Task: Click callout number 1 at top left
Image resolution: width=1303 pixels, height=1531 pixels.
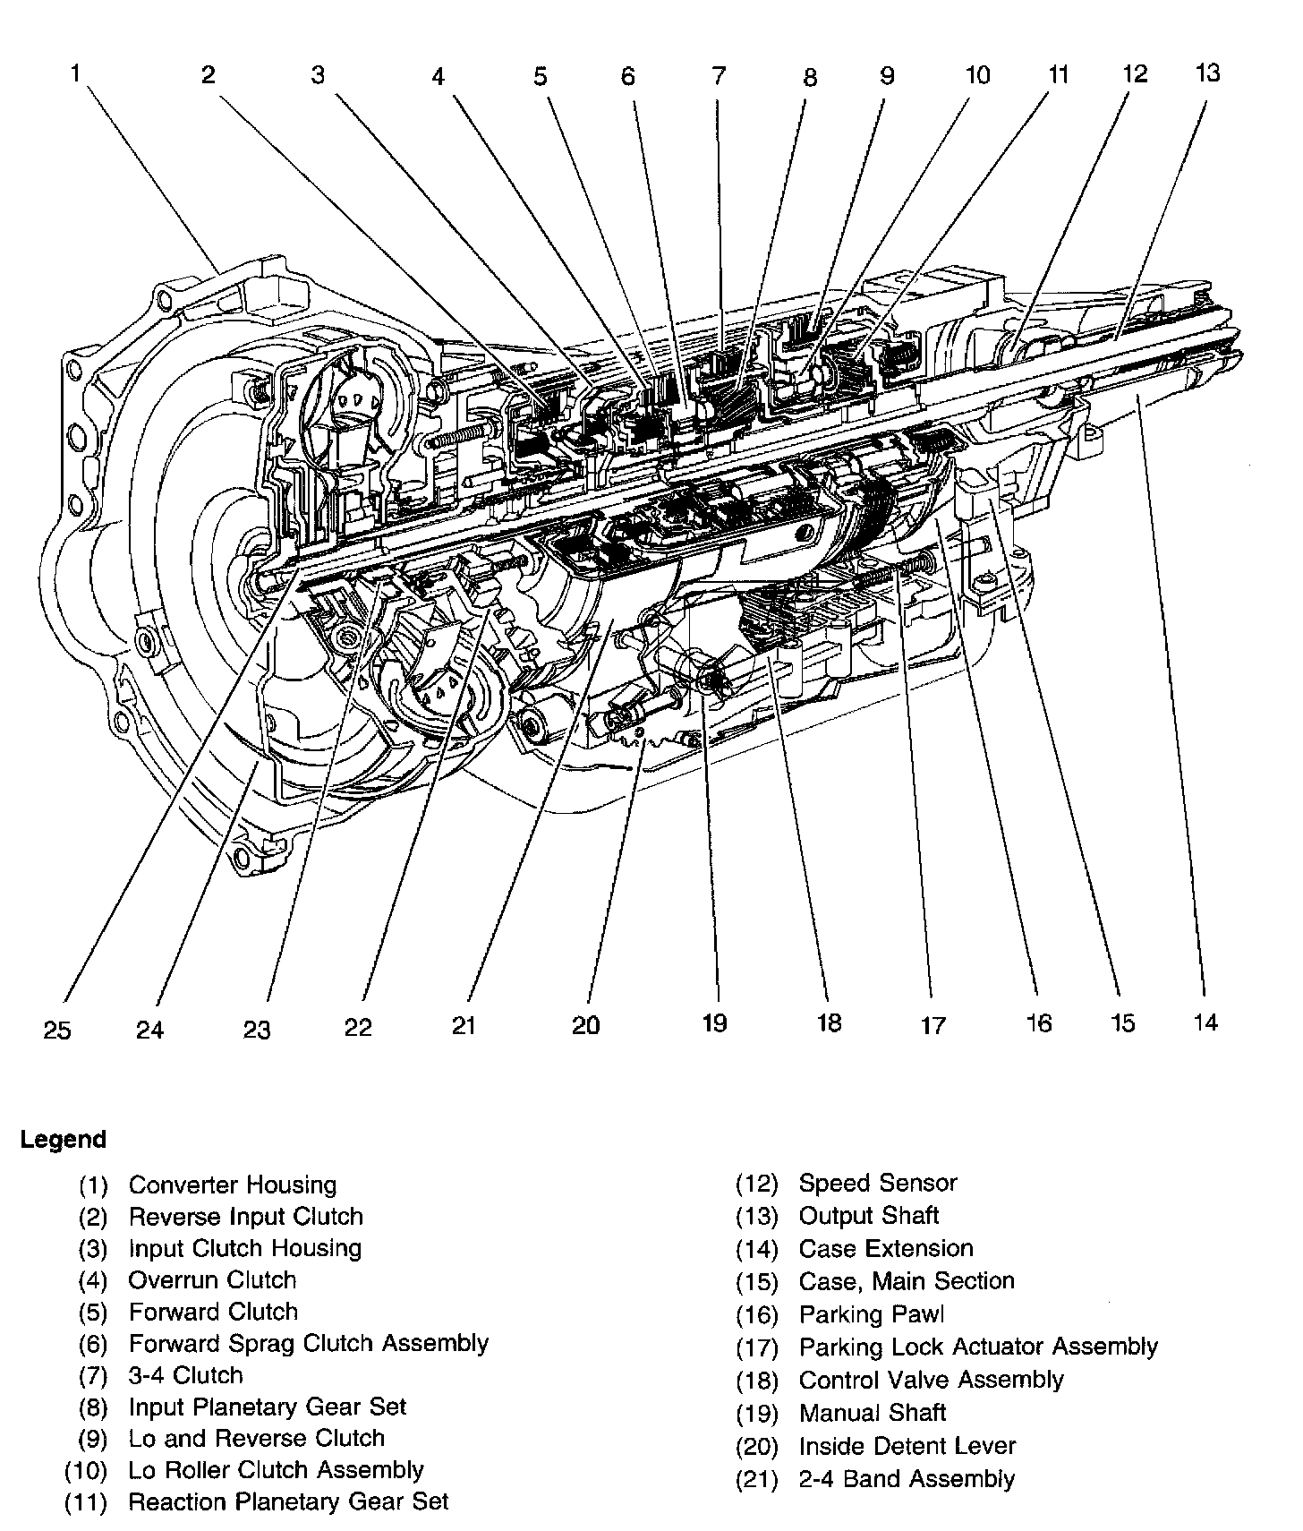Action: click(77, 73)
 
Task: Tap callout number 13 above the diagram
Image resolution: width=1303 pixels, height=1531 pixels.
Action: click(1207, 73)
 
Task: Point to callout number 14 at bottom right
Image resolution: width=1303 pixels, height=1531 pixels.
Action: click(1205, 1022)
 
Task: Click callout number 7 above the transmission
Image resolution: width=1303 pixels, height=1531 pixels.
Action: click(719, 75)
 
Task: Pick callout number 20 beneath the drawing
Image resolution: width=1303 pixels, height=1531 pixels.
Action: click(585, 1025)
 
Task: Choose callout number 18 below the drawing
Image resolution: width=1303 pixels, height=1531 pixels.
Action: click(830, 1022)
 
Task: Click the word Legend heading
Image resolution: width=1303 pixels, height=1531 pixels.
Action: click(64, 1140)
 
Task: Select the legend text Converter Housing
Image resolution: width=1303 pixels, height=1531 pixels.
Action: click(233, 1185)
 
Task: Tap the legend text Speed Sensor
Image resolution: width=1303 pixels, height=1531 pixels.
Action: click(877, 1183)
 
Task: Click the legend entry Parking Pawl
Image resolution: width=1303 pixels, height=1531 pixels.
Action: click(871, 1314)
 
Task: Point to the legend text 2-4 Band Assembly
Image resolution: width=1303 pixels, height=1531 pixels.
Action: click(907, 1478)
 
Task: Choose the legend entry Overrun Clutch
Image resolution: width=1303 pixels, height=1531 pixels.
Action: click(212, 1279)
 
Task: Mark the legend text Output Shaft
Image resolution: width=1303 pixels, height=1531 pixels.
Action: click(868, 1215)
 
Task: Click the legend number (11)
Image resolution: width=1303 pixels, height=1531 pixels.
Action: click(86, 1501)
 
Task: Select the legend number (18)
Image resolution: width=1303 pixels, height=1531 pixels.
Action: click(757, 1380)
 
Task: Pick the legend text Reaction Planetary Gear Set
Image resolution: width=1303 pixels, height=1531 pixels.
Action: click(288, 1501)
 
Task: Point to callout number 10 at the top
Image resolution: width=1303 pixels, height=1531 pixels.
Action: click(977, 75)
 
